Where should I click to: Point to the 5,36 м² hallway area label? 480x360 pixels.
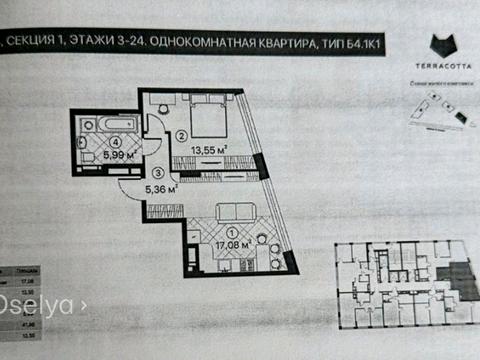point(160,187)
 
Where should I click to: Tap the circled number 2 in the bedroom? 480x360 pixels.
point(182,134)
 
